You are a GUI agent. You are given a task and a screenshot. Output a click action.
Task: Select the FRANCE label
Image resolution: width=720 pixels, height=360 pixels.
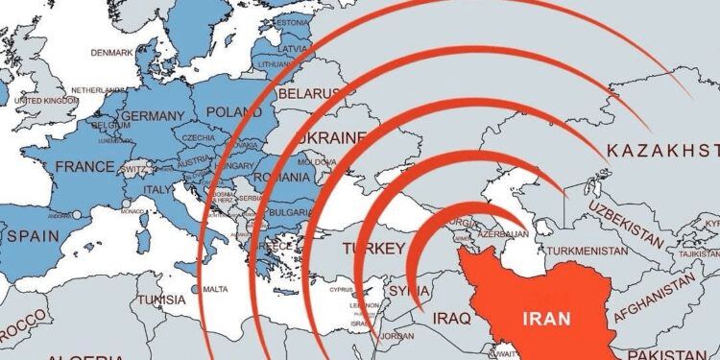pos(84,166)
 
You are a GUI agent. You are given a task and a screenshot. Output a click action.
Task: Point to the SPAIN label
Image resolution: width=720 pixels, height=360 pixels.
pos(33,234)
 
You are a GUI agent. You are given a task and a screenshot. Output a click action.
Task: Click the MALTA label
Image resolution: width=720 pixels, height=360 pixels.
pos(216,289)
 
